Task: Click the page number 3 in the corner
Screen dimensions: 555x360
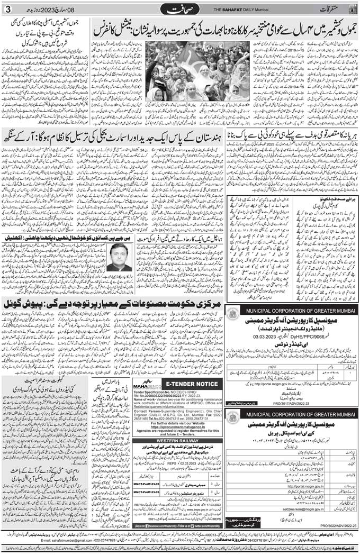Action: click(x=7, y=9)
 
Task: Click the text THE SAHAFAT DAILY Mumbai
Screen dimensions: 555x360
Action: click(x=229, y=10)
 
